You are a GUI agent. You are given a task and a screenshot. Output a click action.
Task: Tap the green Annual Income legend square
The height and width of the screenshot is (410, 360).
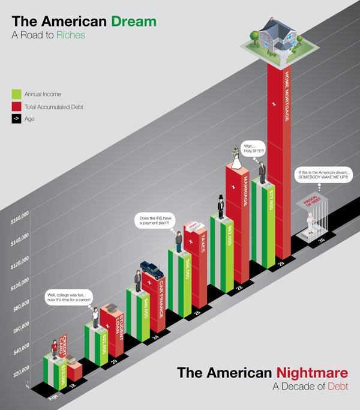(17, 94)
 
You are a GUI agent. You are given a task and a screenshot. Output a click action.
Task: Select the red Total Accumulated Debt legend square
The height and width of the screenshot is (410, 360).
(17, 106)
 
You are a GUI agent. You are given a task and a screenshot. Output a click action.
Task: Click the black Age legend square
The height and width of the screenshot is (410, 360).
(17, 119)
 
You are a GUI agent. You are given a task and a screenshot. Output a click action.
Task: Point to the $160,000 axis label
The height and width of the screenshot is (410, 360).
(20, 219)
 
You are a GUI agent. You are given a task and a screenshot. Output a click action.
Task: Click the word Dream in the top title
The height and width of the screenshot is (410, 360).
(134, 22)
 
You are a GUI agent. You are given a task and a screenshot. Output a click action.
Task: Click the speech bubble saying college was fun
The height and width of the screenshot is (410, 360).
(71, 298)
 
